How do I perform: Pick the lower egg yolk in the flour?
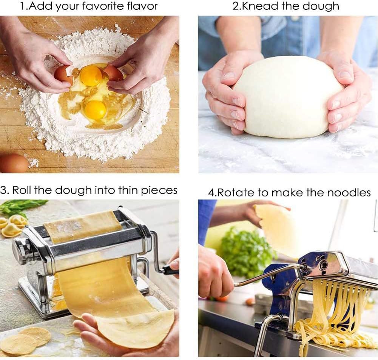[x=95, y=109]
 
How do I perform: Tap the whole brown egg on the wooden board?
[x=13, y=163]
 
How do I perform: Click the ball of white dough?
[x=288, y=98]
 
